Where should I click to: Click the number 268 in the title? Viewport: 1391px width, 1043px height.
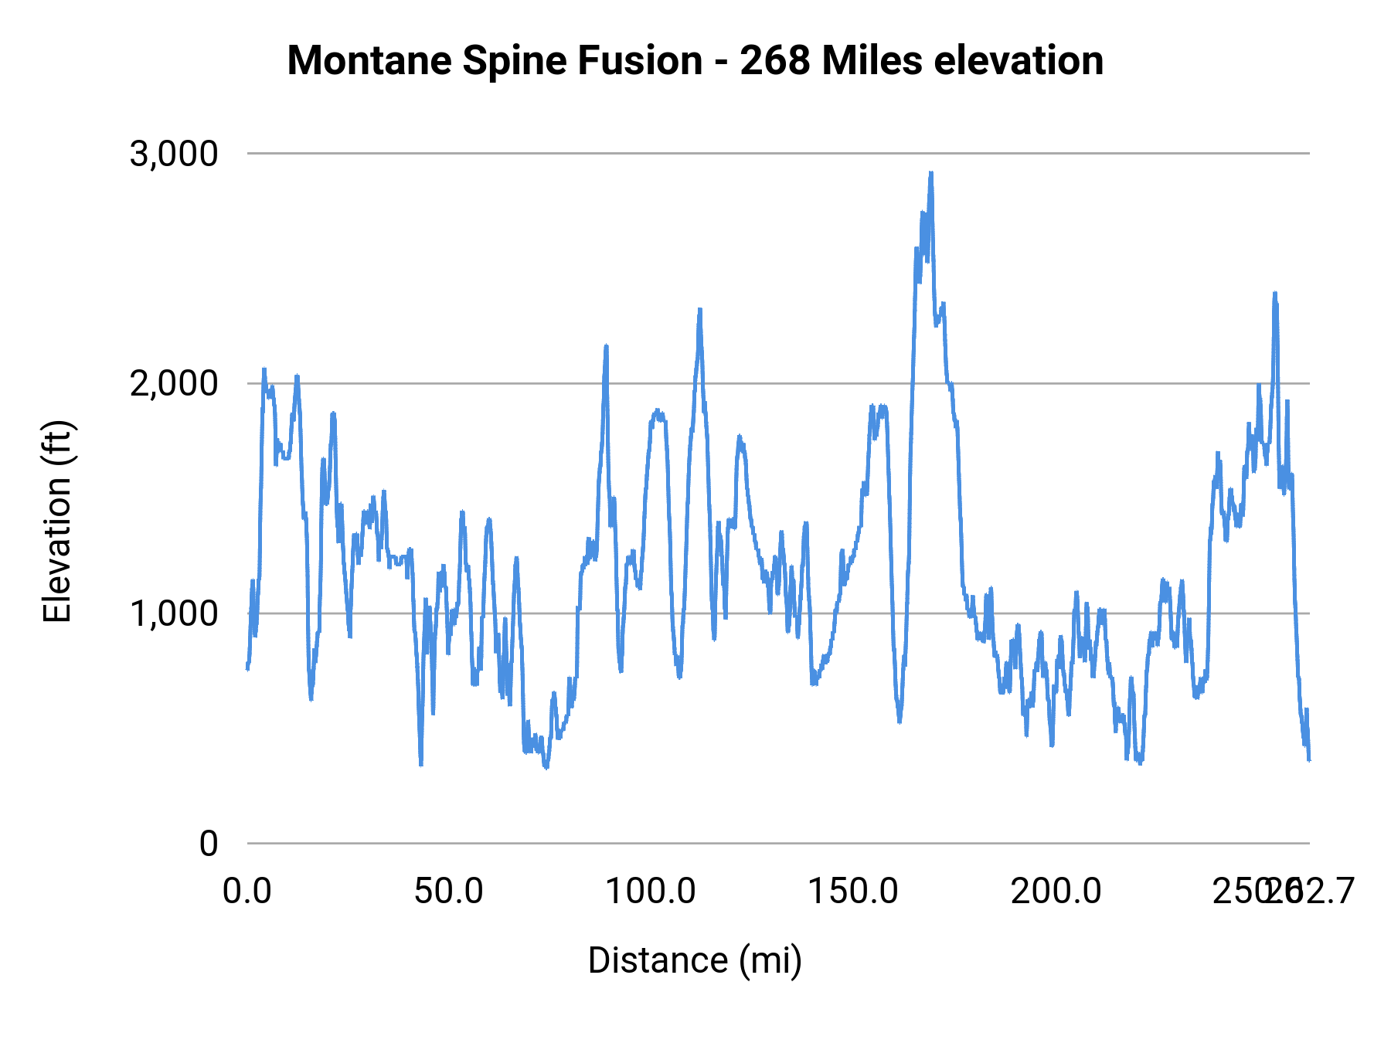coord(775,61)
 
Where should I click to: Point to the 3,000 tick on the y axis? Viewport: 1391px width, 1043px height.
coord(174,154)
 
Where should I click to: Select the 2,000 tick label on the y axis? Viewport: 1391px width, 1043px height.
coord(174,383)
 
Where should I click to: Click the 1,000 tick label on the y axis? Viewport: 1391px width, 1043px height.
coord(174,613)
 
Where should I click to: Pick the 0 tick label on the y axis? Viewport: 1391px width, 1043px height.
coord(209,843)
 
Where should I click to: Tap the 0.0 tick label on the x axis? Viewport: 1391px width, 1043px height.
coord(247,892)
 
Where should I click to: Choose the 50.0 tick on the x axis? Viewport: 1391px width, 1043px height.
coord(449,892)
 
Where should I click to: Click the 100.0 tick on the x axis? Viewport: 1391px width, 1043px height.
coord(651,892)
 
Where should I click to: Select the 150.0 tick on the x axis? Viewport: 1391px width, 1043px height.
coord(853,892)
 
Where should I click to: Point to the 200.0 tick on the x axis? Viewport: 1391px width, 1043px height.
coord(1056,892)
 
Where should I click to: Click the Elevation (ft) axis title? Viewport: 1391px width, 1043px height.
coord(57,521)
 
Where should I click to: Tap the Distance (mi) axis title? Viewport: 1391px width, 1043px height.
coord(695,960)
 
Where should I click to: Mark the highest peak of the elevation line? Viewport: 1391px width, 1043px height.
coord(931,174)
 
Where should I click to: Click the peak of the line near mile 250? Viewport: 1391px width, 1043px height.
coord(1275,294)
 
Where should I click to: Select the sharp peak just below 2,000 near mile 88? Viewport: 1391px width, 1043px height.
coord(606,347)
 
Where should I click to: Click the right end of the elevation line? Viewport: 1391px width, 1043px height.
coord(1309,759)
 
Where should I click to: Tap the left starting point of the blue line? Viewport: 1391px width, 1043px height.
coord(247,668)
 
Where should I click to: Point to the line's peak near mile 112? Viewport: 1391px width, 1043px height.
coord(699,310)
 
